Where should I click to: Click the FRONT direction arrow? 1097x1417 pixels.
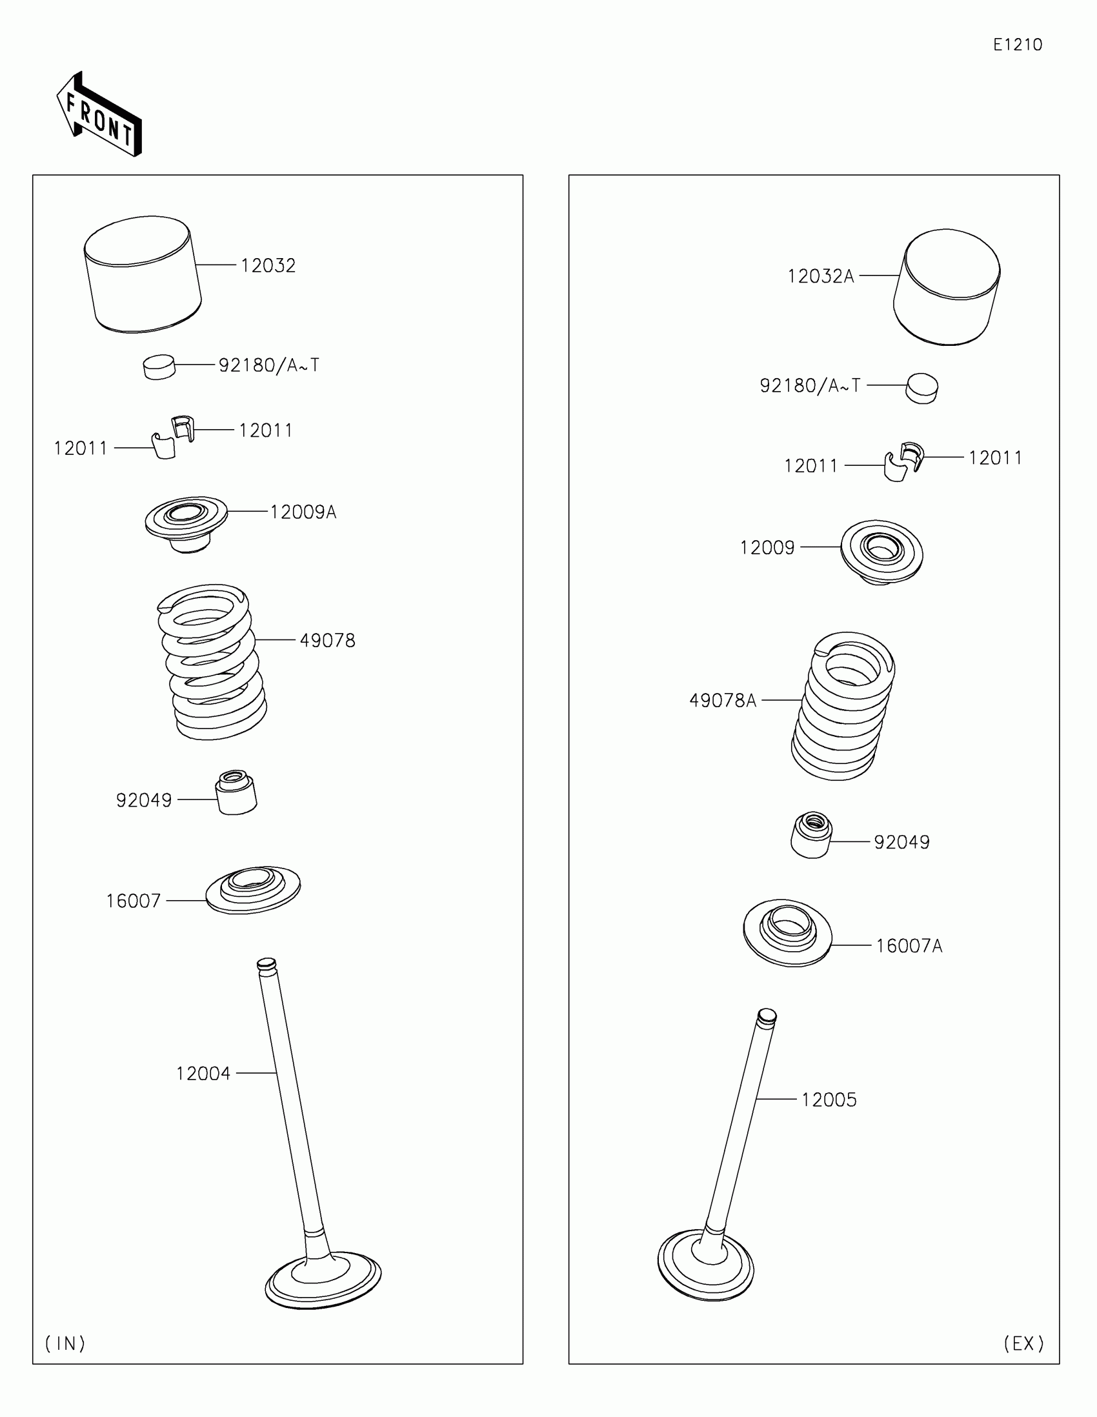(99, 116)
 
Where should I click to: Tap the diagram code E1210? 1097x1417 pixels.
(1017, 45)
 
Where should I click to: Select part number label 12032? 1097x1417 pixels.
(268, 265)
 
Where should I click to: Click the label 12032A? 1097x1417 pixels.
(820, 276)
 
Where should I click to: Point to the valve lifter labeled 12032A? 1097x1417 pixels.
(947, 286)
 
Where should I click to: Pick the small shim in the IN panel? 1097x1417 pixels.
(159, 367)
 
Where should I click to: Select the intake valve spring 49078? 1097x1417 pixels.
(212, 662)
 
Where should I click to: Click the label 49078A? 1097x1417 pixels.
(722, 701)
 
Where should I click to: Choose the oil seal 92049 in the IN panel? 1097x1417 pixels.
(236, 792)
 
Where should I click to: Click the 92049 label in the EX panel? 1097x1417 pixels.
(901, 842)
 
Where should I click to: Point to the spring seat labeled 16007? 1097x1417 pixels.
(253, 890)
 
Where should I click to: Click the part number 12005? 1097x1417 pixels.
(829, 1100)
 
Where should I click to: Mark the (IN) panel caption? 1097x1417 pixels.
(65, 1343)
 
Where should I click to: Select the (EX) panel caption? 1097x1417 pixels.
(1023, 1343)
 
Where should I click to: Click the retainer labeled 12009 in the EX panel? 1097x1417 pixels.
(881, 552)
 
